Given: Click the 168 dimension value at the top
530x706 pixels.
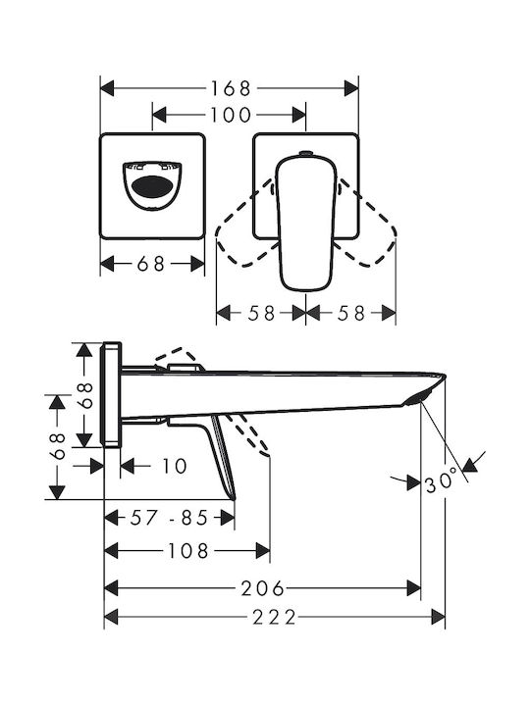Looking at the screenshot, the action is coord(231,88).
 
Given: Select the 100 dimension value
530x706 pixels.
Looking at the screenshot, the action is coord(231,115).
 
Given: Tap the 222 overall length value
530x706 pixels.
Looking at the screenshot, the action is coord(274,617).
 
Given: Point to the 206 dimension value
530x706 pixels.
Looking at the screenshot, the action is coord(263,588).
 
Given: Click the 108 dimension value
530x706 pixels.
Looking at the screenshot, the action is coord(188,550).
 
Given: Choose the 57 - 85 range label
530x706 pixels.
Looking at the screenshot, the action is coord(170,518).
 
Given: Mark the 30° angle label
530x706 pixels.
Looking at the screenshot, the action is coord(441,479).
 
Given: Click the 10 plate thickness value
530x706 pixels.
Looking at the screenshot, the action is coord(174,466).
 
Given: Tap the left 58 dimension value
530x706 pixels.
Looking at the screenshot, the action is coord(261,313).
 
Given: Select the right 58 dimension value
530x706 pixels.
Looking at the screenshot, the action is coord(350,313).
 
